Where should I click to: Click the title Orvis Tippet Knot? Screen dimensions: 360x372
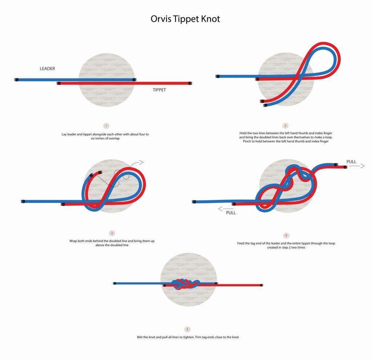coord(185,19)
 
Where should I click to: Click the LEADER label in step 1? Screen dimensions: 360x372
coord(47,68)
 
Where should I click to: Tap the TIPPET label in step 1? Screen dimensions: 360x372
coord(159,90)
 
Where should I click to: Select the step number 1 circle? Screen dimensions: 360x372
coord(106,126)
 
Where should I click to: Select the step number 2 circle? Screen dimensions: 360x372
coord(286,126)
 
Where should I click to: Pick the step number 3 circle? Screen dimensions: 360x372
coord(112,233)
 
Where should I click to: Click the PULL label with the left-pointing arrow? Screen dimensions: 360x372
coord(231,213)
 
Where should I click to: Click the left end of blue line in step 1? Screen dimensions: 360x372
coord(16,79)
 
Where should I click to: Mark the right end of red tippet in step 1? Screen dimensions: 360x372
coord(190,83)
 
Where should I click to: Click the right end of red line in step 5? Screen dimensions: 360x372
coord(261,285)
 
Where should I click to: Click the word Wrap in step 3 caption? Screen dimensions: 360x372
coord(73,241)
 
